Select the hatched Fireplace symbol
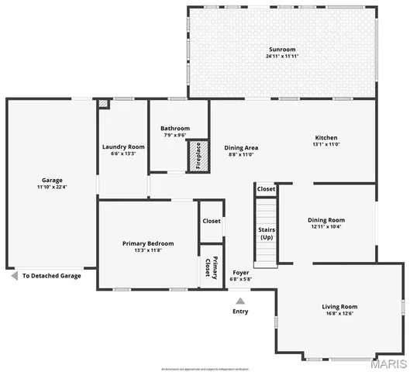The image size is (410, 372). pos(197,156)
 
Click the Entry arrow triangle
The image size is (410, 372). pos(240,301)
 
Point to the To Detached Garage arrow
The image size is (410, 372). pos(13,275)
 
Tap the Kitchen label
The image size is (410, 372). pos(326,137)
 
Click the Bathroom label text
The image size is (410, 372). pos(175,129)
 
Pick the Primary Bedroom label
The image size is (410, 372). pos(148,243)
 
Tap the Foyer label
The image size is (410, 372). pos(241,273)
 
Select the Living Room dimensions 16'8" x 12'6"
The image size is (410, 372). pos(339,314)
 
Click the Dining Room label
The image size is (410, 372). pos(326,219)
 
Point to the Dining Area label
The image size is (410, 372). pos(241,147)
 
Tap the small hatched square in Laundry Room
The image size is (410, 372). pos(103,103)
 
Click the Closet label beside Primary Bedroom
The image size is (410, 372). pos(212,221)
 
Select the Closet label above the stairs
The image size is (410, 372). pos(266,188)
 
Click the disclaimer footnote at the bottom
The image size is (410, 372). pos(205,367)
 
